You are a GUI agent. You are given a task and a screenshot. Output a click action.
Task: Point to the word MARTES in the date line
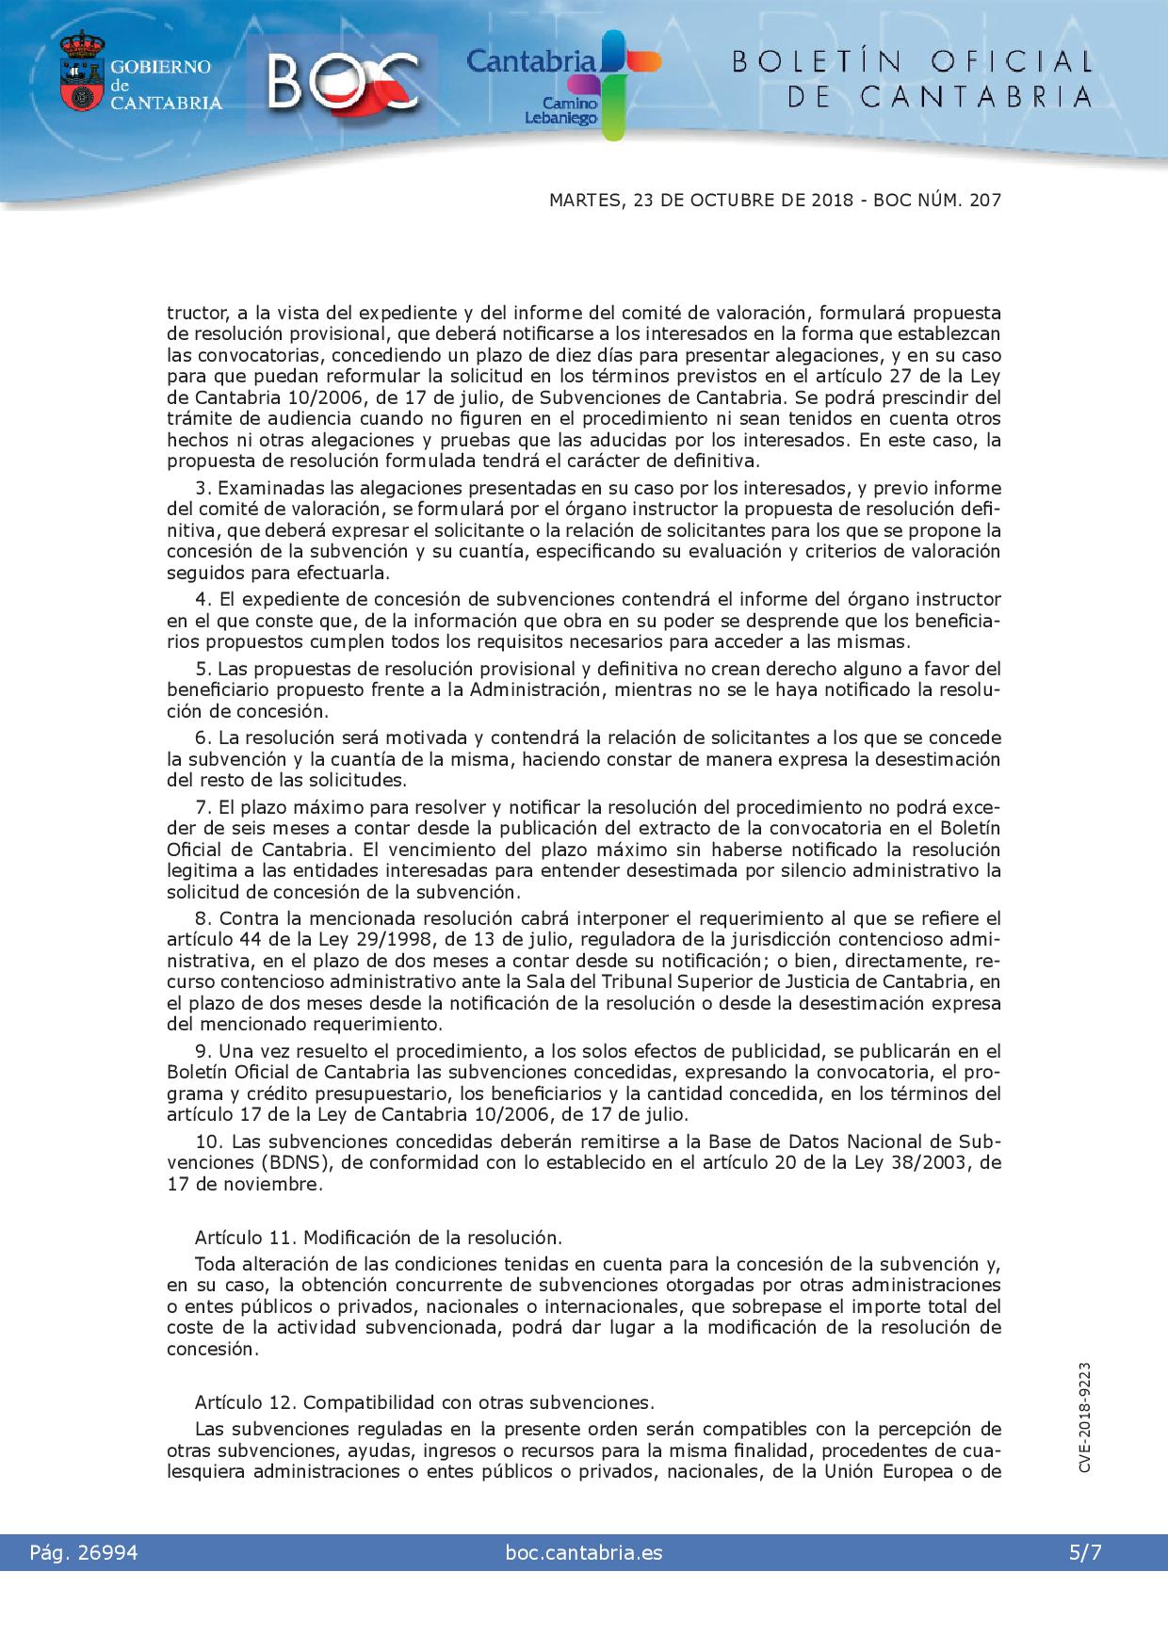[582, 201]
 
